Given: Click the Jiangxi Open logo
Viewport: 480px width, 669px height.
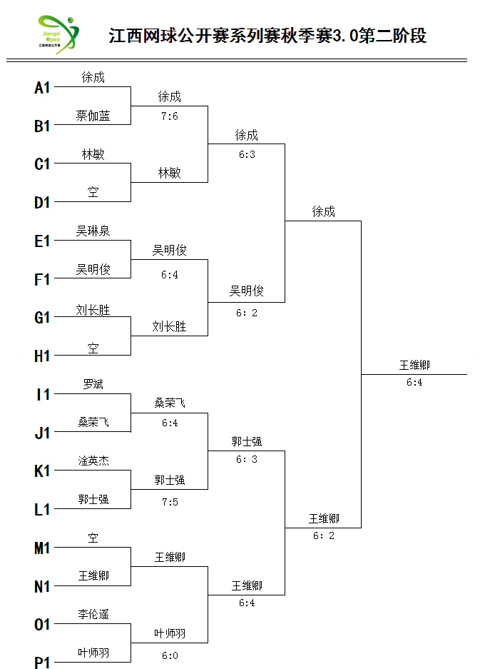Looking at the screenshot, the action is click(x=58, y=34).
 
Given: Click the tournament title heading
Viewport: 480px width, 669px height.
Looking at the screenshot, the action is click(x=267, y=36).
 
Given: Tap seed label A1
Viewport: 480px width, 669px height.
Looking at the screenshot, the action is click(x=42, y=88).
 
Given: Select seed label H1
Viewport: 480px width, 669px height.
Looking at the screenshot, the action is click(x=42, y=356).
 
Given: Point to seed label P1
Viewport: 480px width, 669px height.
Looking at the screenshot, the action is click(x=42, y=663).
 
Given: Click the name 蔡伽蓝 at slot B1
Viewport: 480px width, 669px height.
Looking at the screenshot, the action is click(x=93, y=116).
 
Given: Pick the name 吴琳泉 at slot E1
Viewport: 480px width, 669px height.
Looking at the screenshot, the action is click(x=93, y=231).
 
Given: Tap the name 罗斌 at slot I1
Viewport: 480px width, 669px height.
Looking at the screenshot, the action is click(x=93, y=384).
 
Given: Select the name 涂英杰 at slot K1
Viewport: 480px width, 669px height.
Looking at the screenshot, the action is click(x=93, y=461).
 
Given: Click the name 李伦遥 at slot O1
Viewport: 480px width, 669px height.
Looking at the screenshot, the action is click(x=93, y=614).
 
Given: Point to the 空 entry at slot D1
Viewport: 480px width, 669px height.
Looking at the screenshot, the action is click(x=93, y=192).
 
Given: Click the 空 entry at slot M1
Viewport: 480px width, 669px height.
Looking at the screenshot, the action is click(x=93, y=538).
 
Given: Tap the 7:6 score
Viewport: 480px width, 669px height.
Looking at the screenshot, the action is click(x=170, y=116).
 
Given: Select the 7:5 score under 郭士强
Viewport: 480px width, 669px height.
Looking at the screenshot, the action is click(x=170, y=502).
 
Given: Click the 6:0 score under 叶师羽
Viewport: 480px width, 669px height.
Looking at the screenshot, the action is click(x=170, y=655).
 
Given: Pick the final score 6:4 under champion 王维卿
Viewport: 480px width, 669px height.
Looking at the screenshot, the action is click(x=414, y=382).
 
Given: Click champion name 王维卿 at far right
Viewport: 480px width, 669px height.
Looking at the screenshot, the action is click(x=414, y=366).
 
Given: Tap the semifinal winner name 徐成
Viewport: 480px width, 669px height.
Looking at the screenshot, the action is click(x=324, y=211).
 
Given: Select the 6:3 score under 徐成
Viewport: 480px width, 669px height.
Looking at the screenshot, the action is click(x=247, y=154).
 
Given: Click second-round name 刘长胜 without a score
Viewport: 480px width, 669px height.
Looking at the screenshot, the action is click(x=169, y=326).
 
